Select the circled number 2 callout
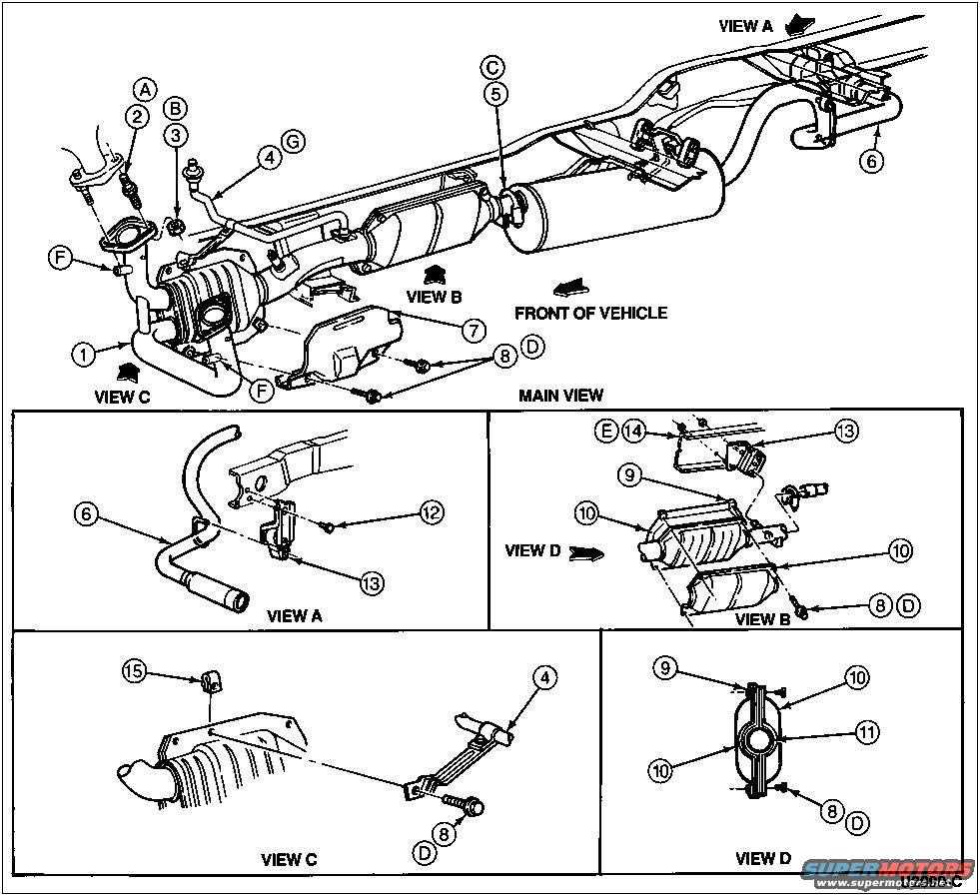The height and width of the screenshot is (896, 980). click(x=136, y=116)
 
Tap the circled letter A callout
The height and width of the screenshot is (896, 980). click(x=146, y=90)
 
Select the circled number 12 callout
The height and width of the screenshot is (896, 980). click(x=431, y=512)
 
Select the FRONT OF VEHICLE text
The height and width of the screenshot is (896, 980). click(x=590, y=313)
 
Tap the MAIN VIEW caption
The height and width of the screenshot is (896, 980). click(x=560, y=396)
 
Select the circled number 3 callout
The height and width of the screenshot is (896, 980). click(x=175, y=134)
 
